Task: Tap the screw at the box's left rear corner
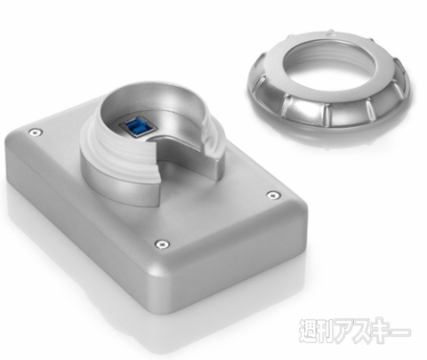[x=35, y=132]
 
